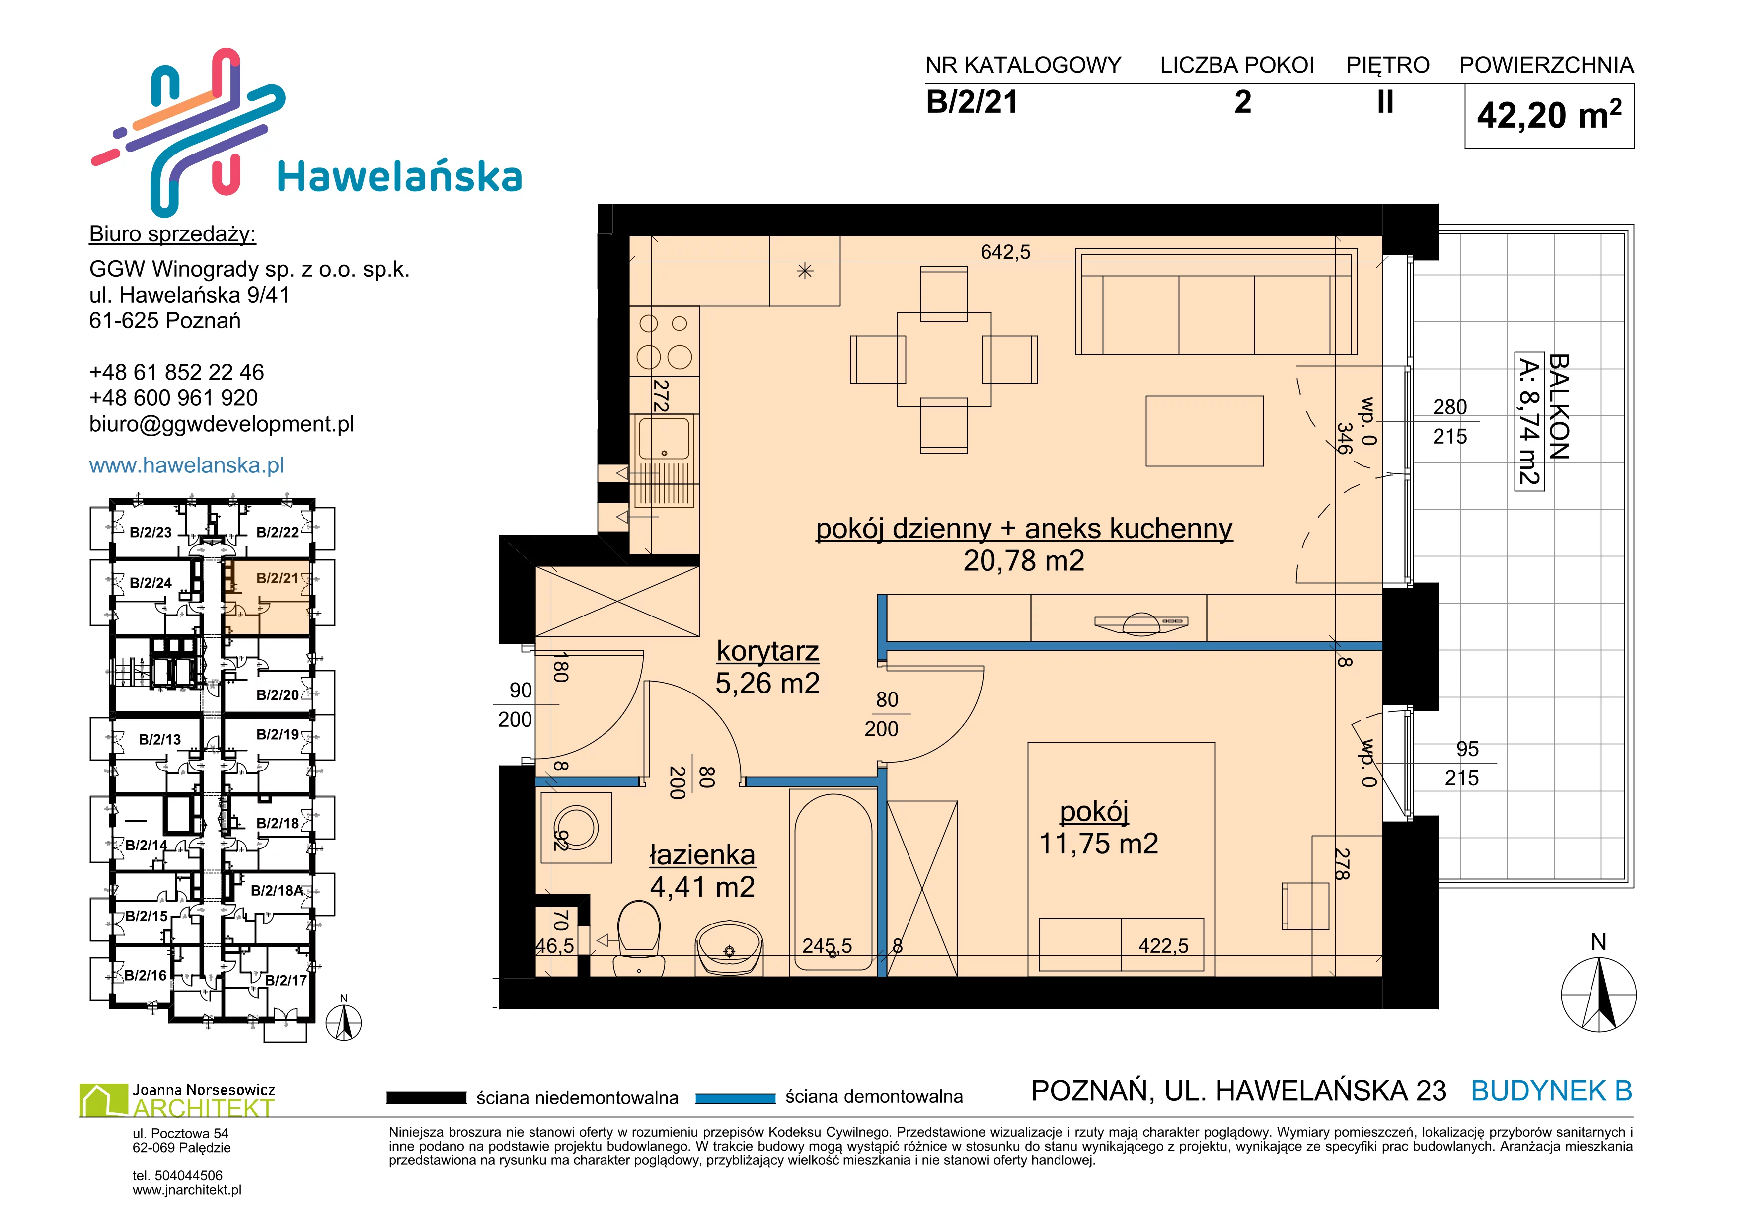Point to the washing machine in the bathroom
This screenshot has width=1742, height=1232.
coord(576,827)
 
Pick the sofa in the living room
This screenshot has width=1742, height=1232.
coord(1216,302)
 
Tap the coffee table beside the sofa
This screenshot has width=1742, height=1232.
coord(1204,431)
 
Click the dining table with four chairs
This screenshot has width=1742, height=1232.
coord(944,360)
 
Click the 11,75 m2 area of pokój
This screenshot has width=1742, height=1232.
coord(1098,844)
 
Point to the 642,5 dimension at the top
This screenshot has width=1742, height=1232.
coord(1005,252)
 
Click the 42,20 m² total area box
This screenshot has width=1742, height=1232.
coord(1549,115)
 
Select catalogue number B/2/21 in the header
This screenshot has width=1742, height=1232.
coord(972,102)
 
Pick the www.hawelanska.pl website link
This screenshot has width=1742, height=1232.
coord(187,465)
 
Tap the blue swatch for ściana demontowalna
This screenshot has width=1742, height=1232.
coord(735,1098)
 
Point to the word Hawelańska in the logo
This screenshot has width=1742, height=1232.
coord(400,177)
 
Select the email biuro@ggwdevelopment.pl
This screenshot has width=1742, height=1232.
coord(222,424)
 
